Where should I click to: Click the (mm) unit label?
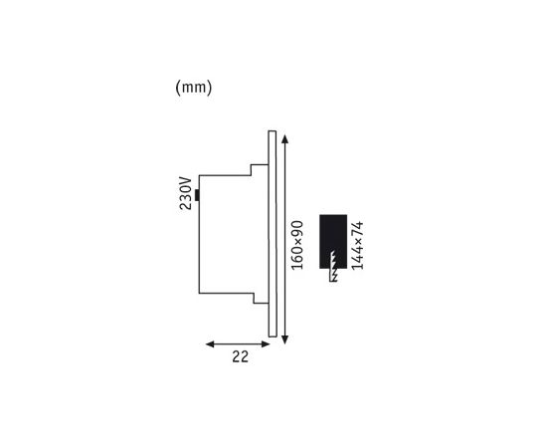[194, 88]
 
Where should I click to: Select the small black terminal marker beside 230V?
[197, 195]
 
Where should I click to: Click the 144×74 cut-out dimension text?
[359, 245]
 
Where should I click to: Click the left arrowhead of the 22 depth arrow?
[209, 343]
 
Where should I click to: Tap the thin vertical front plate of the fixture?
[270, 236]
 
